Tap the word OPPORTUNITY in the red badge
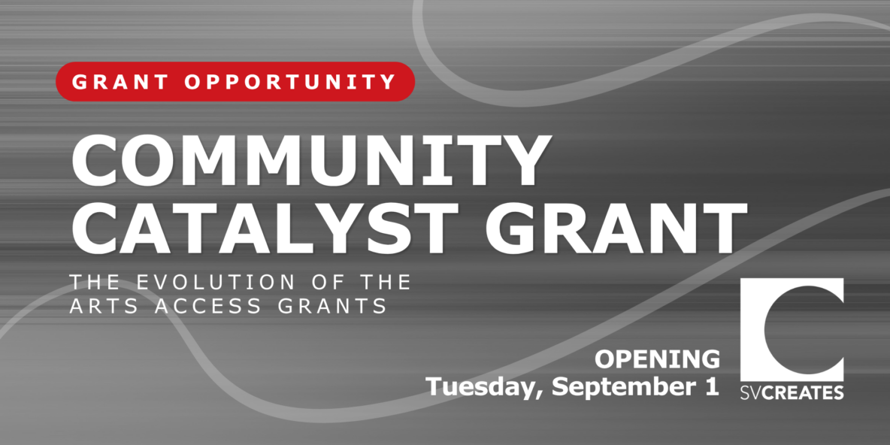(291, 82)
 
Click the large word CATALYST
(265, 226)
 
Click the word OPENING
(657, 359)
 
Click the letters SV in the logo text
(751, 392)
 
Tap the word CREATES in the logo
(803, 392)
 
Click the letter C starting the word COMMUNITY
(95, 158)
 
